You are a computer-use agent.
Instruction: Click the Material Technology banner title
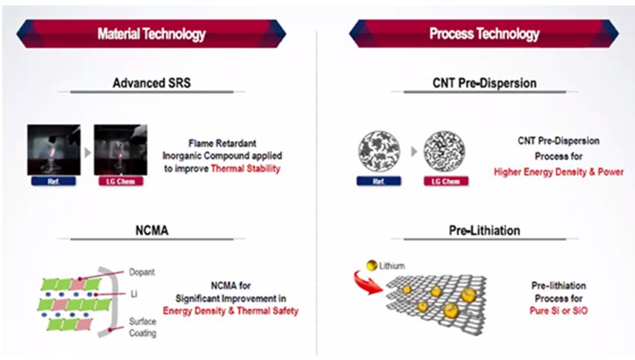click(x=152, y=34)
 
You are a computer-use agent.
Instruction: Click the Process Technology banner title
click(x=484, y=34)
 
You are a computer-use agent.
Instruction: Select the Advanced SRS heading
click(x=152, y=83)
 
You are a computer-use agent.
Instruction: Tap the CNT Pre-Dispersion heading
click(x=484, y=83)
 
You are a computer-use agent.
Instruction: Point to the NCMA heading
click(x=152, y=231)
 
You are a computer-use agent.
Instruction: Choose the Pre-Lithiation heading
click(x=484, y=231)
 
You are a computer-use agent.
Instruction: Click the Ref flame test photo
click(x=54, y=150)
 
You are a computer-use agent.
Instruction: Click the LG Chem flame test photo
click(x=121, y=150)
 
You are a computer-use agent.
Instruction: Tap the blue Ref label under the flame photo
click(x=53, y=181)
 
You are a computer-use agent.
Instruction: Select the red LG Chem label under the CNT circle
click(x=446, y=181)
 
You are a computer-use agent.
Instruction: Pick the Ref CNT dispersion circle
click(x=379, y=152)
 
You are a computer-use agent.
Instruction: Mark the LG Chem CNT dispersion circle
click(x=444, y=152)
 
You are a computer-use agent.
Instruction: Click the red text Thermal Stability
click(x=245, y=169)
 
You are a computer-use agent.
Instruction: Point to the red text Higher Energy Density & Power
click(x=559, y=172)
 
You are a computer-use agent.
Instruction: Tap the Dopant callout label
click(x=142, y=272)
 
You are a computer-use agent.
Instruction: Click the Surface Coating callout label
click(x=142, y=327)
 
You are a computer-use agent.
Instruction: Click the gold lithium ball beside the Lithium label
click(x=372, y=266)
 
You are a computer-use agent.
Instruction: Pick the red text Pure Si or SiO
click(x=558, y=310)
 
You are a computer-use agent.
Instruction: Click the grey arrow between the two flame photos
click(x=88, y=153)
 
